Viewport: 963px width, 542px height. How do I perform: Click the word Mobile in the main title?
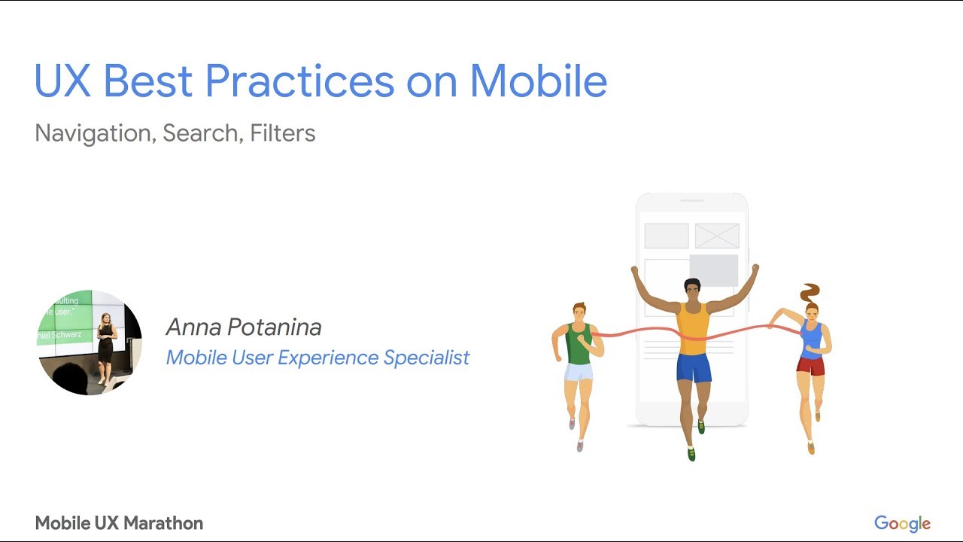coord(538,81)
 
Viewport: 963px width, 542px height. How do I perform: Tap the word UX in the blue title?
coord(62,81)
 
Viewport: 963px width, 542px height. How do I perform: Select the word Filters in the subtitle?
coord(282,133)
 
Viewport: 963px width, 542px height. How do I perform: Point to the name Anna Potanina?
coord(244,327)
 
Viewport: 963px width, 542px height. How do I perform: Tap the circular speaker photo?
coord(90,343)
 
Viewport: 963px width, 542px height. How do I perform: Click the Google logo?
coord(902,524)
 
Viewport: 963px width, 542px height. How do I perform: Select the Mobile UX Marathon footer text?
coord(119,523)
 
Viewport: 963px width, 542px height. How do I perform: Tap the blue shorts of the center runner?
coord(694,367)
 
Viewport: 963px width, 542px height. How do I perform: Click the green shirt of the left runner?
coord(578,345)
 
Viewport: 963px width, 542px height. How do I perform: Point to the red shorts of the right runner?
coord(810,366)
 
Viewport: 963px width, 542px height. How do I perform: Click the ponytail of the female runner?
coord(810,292)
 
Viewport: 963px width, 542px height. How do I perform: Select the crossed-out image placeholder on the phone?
coord(716,236)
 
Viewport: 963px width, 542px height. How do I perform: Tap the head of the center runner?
coord(692,291)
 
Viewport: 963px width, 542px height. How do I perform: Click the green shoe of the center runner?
coord(691,454)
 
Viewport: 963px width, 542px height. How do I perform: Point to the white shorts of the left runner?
coord(579,372)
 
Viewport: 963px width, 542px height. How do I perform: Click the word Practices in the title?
coord(299,81)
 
